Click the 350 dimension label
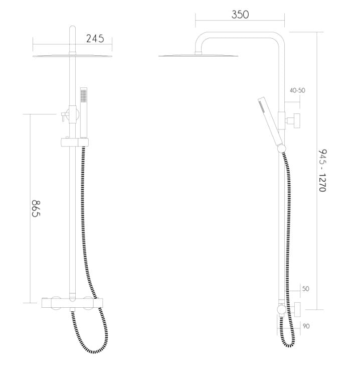(240, 15)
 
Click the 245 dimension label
(95, 39)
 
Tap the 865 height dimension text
(36, 208)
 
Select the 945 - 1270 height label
(322, 170)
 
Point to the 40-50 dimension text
(297, 90)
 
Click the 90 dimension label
(306, 326)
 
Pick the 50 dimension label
(305, 289)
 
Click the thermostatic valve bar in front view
(72, 303)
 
